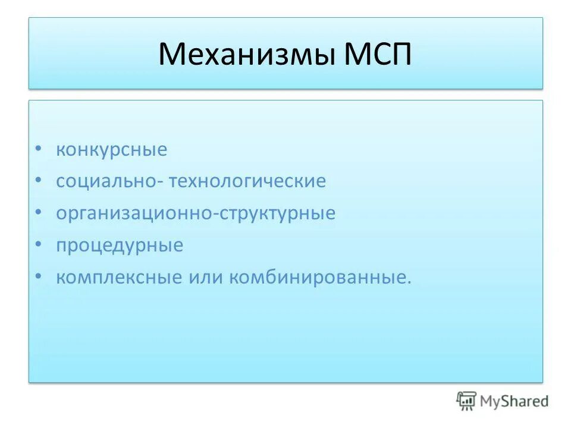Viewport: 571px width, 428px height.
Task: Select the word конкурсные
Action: click(112, 150)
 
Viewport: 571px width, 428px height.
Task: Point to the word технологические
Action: click(247, 181)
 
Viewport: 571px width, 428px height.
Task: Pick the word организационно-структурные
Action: click(196, 213)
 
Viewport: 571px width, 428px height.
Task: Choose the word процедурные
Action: click(120, 246)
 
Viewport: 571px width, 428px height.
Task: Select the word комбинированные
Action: click(316, 278)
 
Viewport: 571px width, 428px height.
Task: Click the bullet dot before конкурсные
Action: click(38, 149)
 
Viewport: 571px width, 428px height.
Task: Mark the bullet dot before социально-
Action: click(38, 181)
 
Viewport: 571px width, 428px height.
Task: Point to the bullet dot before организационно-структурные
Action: click(38, 213)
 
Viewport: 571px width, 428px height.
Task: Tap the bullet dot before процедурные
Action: click(38, 245)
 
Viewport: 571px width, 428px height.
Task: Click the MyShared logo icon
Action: click(466, 401)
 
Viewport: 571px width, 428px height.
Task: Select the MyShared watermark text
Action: click(514, 402)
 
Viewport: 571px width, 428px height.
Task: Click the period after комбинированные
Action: click(409, 283)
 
